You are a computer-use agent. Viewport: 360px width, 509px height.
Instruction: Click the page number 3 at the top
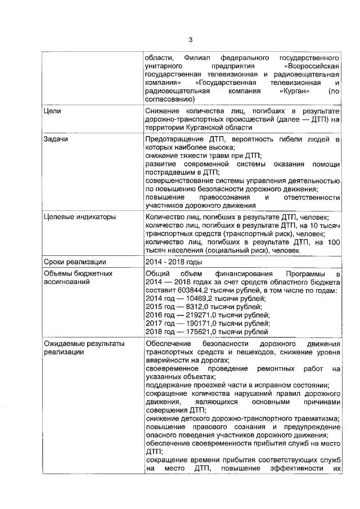coord(191,40)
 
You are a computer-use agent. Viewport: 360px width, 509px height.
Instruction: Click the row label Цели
coord(52,111)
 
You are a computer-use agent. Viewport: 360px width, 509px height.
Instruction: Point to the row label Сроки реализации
coord(70,262)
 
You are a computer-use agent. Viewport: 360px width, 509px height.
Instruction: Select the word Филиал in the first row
coord(195,58)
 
